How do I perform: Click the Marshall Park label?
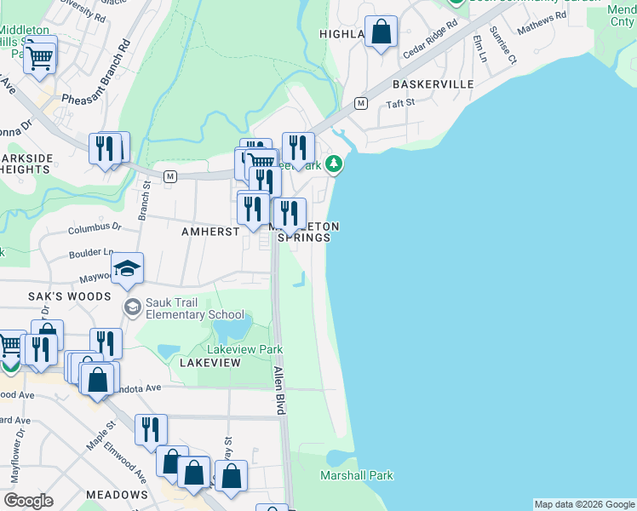[356, 475]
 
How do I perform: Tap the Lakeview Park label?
[245, 349]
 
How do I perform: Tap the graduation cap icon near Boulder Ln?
[128, 268]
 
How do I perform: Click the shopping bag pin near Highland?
[382, 32]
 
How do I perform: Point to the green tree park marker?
[336, 163]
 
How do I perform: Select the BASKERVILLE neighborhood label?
[433, 85]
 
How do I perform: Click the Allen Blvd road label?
[278, 390]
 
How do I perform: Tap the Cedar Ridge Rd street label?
[431, 41]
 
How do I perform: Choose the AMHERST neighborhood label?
[209, 232]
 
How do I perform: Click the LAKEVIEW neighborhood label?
[210, 363]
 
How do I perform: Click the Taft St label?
[399, 103]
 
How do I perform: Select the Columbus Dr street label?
[95, 228]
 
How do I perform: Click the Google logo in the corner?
[28, 500]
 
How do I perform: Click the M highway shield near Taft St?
[360, 103]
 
